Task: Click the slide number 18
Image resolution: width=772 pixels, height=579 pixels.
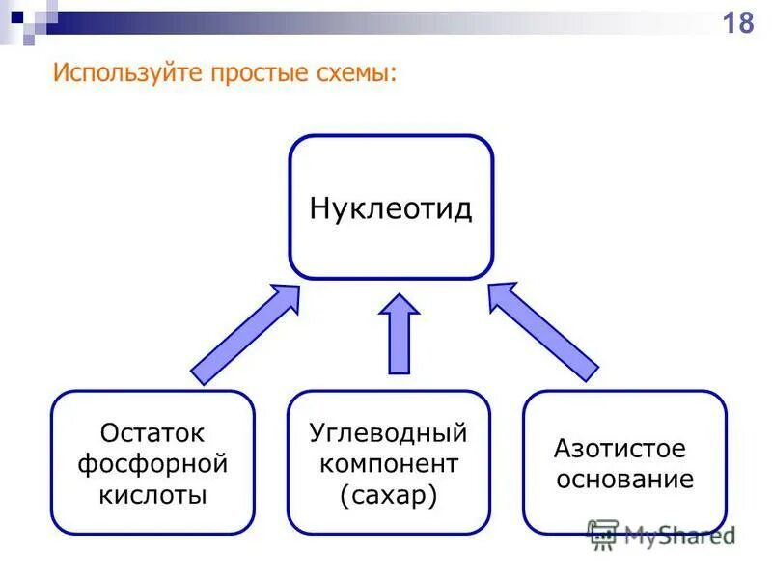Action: [x=738, y=22]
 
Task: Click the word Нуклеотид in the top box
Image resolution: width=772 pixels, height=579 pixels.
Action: [x=391, y=208]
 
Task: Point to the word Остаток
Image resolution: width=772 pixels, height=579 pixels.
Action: [x=152, y=433]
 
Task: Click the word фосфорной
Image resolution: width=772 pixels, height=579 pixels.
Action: [x=152, y=464]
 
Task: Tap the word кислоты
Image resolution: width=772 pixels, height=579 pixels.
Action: [x=152, y=496]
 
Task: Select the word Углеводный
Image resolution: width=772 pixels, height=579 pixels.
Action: [x=388, y=431]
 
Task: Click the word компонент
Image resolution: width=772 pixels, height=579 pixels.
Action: [x=389, y=463]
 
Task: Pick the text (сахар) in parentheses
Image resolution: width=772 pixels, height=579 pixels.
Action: [x=389, y=495]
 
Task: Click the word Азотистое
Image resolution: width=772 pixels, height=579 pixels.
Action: [x=620, y=449]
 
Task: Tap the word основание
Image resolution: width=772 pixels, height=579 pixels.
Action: [x=624, y=480]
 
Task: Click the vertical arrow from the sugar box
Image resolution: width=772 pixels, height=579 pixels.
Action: [x=399, y=338]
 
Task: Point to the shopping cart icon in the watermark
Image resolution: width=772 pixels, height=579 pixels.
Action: [x=603, y=534]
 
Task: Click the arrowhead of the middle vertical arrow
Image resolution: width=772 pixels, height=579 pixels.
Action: [x=399, y=306]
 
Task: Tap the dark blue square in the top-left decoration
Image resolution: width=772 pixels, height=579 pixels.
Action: [x=17, y=15]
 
